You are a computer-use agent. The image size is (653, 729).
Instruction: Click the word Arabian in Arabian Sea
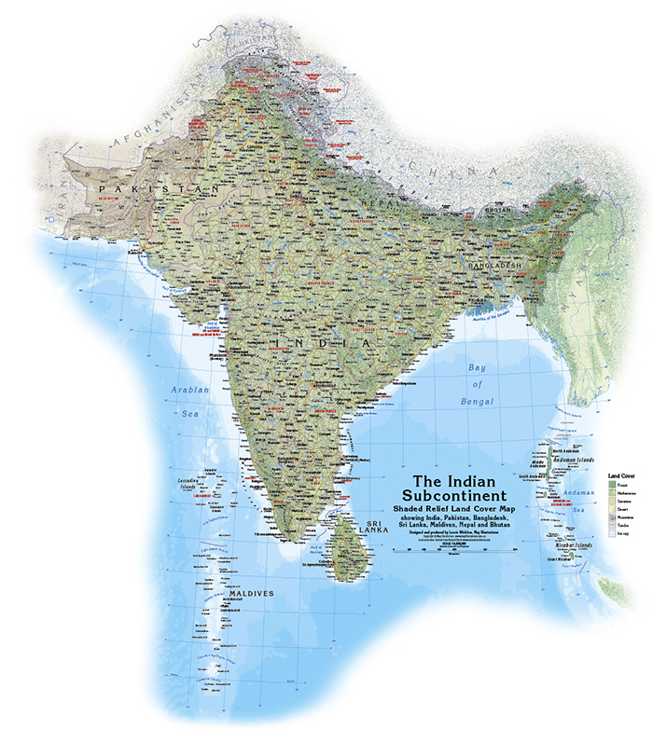pos(189,389)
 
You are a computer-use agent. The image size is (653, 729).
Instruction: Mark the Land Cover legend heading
pos(621,475)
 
